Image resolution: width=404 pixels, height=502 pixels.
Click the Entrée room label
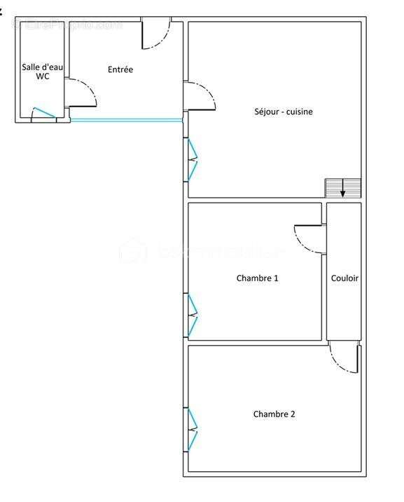pos(120,69)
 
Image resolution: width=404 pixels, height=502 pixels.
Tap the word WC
pos(42,76)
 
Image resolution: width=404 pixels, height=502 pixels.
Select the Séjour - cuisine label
pos(283,111)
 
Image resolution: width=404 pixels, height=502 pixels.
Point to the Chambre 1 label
pos(257,278)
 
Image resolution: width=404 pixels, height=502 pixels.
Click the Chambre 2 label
pos(274,414)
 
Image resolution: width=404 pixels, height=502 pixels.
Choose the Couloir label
pos(344,278)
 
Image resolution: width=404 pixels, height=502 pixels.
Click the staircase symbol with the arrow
pos(342,188)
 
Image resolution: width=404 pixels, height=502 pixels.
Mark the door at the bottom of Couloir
pos(345,358)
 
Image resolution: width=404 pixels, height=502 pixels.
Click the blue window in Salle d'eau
pos(43,112)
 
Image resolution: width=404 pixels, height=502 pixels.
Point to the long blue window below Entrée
pos(127,121)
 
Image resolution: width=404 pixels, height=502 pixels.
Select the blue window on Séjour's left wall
pos(191,161)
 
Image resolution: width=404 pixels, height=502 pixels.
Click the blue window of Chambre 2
pos(191,429)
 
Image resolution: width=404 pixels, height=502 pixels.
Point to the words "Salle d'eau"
pos(42,67)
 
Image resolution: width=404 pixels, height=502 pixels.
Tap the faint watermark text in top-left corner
pos(67,25)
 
